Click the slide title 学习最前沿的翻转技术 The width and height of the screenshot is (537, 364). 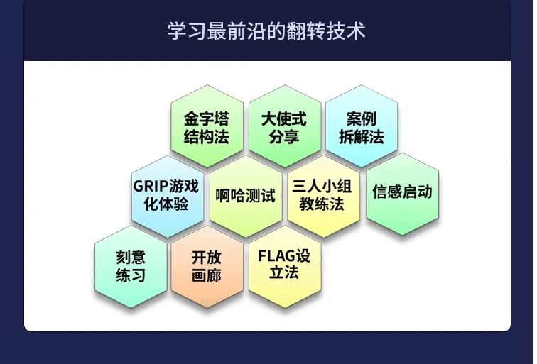[x=266, y=31]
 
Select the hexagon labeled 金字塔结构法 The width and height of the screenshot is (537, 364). [x=207, y=126]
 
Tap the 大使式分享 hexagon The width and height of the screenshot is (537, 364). [x=285, y=126]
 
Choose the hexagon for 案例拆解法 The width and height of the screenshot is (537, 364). [x=362, y=126]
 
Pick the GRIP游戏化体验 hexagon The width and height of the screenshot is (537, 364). [x=168, y=197]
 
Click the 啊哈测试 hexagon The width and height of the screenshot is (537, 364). [x=246, y=197]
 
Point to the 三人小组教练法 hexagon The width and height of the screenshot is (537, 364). [x=323, y=197]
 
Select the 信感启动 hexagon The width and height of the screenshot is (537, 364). [x=402, y=194]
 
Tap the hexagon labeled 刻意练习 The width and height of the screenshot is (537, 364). [x=131, y=267]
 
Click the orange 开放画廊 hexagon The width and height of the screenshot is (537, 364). [x=207, y=267]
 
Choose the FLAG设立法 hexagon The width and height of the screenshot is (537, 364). [x=285, y=267]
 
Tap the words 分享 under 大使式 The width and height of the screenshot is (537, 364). [x=284, y=137]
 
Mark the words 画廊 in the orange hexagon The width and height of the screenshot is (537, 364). [x=207, y=275]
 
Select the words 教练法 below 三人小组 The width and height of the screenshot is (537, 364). [x=322, y=204]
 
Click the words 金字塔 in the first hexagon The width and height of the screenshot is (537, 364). [x=207, y=119]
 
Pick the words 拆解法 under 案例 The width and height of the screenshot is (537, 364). [x=362, y=137]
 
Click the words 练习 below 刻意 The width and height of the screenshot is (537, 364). [x=131, y=275]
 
